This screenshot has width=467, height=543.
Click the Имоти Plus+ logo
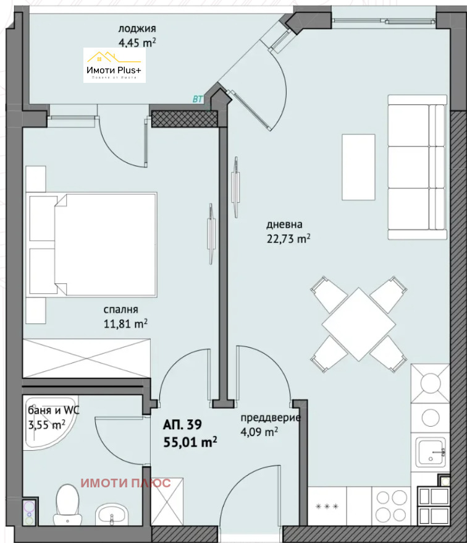point(115,66)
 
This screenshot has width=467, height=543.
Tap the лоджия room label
point(137,28)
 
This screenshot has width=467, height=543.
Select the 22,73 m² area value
point(288,238)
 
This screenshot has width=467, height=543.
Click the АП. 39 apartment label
point(182,425)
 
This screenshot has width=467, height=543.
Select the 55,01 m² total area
point(190,442)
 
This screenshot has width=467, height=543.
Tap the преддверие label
point(271,417)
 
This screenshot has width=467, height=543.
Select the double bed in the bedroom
point(93,244)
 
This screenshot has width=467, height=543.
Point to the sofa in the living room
point(417,167)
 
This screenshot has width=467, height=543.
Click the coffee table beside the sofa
point(358,166)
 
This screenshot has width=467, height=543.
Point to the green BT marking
point(198,99)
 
